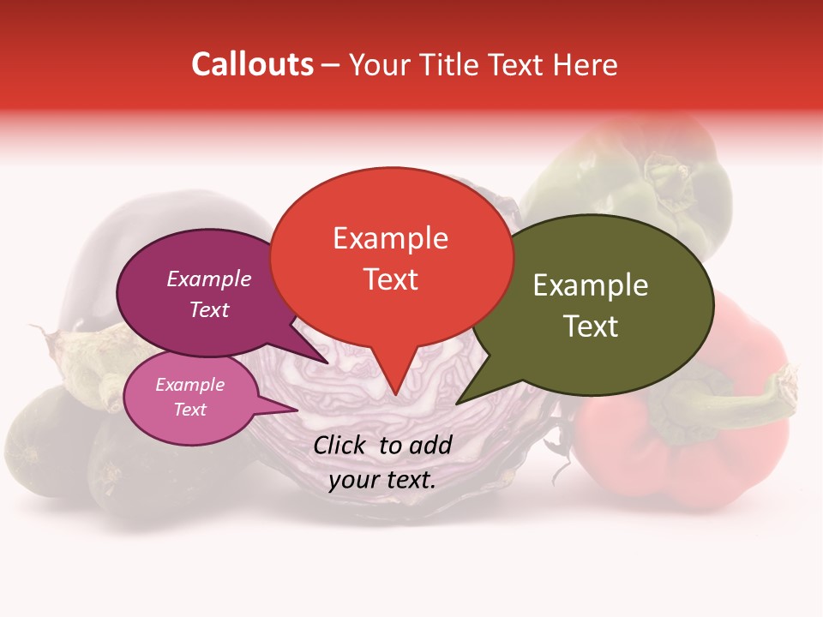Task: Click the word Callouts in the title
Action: point(252,64)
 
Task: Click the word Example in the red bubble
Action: point(390,238)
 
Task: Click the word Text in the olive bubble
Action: point(590,326)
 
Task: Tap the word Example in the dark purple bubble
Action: point(208,279)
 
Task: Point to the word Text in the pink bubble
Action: point(189,410)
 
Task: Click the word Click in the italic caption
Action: point(340,445)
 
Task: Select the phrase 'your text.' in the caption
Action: point(382,480)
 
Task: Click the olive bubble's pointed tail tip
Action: point(458,403)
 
